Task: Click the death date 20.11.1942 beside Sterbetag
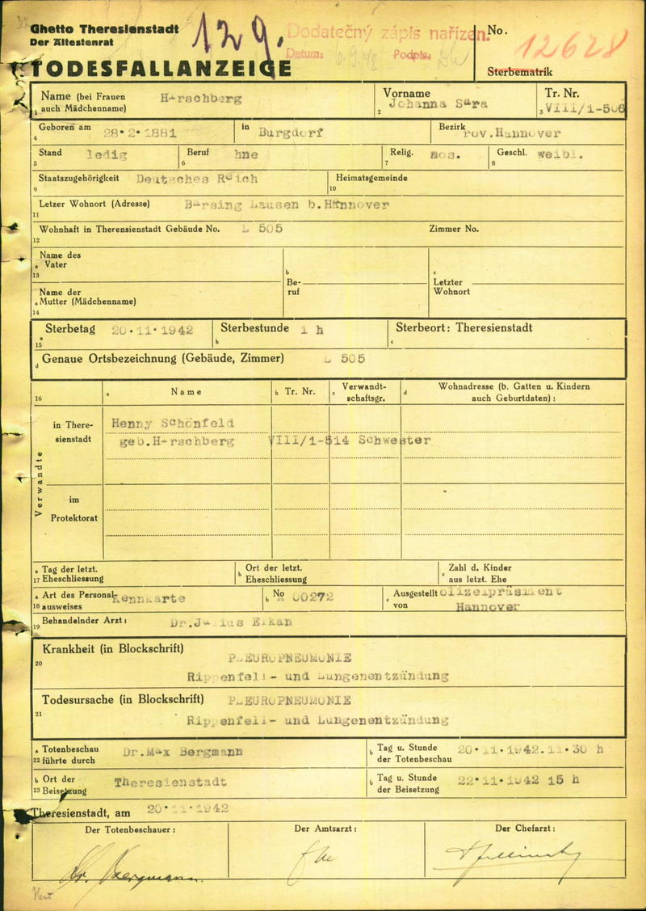click(153, 330)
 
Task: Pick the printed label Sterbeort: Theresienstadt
click(464, 328)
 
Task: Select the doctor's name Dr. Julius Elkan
click(232, 623)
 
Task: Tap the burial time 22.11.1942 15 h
click(517, 780)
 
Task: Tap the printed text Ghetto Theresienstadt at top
click(104, 28)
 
